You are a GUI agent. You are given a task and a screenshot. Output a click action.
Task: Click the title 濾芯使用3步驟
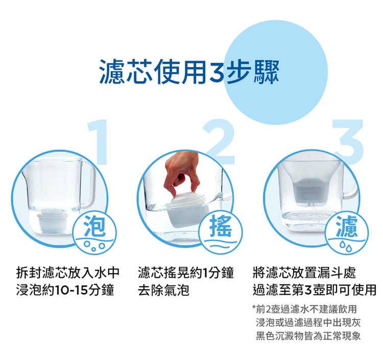coord(189,71)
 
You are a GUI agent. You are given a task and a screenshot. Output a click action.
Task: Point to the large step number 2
coord(220,141)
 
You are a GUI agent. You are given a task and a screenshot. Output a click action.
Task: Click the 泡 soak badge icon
coord(95,232)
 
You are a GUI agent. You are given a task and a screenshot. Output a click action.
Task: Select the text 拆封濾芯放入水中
coord(67,273)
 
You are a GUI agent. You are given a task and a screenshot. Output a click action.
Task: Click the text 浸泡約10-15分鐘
coord(65,290)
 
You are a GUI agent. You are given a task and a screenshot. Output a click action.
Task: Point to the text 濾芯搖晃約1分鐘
coord(186,273)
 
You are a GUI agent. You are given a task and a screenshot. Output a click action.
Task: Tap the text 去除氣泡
coord(163,290)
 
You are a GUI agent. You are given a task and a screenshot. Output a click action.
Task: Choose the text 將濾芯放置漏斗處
coord(304,273)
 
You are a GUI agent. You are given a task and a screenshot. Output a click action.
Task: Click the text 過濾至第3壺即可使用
coord(315,290)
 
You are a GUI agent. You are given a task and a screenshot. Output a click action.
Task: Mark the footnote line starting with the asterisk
coord(304,309)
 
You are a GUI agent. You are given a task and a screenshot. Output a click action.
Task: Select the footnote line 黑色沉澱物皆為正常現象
coord(308,336)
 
